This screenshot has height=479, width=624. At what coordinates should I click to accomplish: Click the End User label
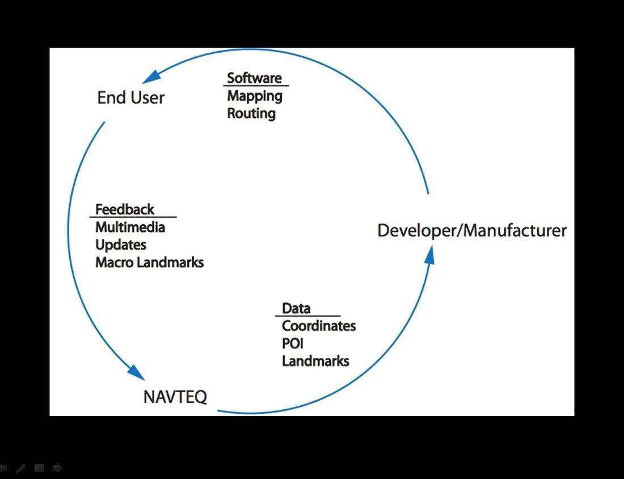point(130,98)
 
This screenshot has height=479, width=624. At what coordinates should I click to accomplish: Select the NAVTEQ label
point(175,396)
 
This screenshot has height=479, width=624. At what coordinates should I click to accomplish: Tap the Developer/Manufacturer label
point(472,231)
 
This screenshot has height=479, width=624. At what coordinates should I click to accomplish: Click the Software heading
point(254,78)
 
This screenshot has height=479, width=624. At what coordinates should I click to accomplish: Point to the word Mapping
point(255,96)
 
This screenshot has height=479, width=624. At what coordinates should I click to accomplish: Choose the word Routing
point(251,114)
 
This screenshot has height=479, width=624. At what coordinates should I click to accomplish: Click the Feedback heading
point(124,209)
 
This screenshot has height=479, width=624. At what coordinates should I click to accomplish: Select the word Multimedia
point(130,228)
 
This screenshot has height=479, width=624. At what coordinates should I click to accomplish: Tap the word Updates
point(121,245)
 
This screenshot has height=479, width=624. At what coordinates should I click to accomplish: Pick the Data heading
point(296,309)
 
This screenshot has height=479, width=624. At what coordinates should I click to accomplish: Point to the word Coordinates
point(319,326)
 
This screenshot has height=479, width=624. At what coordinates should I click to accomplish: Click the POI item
point(292,344)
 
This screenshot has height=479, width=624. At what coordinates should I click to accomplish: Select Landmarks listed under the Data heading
point(315,361)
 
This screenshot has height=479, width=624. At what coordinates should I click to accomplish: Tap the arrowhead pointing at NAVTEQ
point(136,372)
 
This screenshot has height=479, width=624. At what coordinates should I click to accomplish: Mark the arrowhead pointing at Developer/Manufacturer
point(429,254)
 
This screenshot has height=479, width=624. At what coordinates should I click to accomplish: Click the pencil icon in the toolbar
point(21,468)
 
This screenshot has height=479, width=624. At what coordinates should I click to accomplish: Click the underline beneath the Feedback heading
point(133,217)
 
